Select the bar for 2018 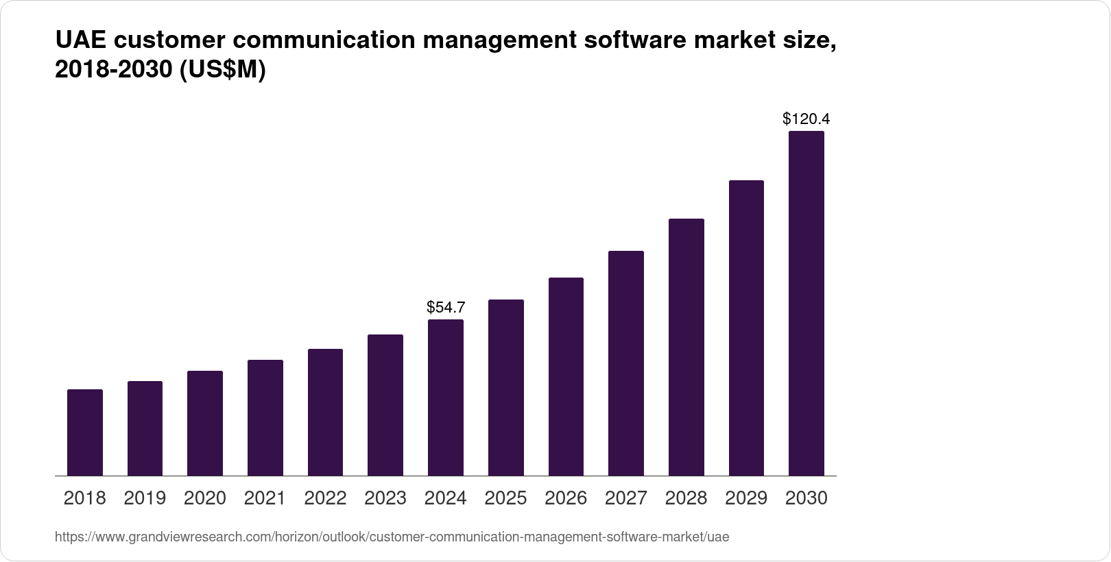click(85, 432)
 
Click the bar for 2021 click(265, 417)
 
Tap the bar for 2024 click(446, 398)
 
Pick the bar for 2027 click(626, 363)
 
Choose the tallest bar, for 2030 click(807, 304)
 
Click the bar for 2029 click(746, 328)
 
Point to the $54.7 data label click(446, 307)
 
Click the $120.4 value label click(807, 119)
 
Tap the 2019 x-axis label click(145, 498)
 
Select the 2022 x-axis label click(325, 498)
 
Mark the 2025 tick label click(506, 498)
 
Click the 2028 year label click(686, 498)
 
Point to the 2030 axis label click(807, 498)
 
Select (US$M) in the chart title click(222, 71)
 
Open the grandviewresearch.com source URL click(392, 537)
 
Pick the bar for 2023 click(385, 405)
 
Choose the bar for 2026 click(566, 376)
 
